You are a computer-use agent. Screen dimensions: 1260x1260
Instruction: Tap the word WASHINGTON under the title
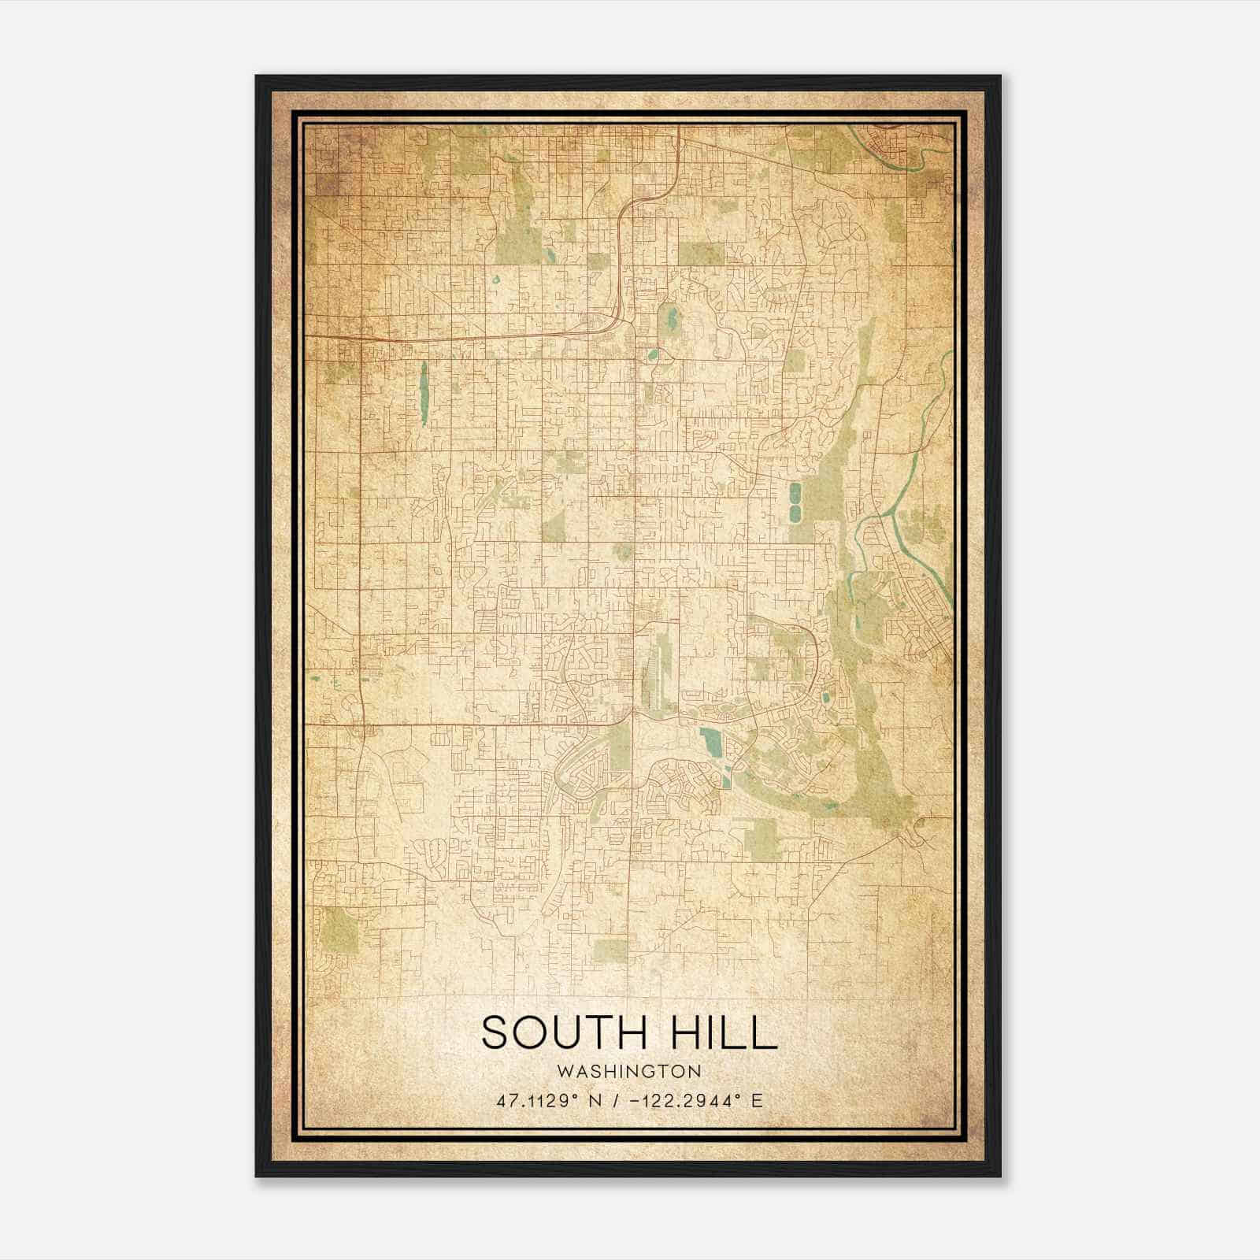click(628, 1071)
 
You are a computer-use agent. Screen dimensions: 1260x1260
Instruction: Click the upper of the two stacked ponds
click(794, 494)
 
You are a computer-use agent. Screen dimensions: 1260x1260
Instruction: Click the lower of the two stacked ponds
click(794, 513)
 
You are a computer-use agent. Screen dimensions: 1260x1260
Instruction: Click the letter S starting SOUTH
click(493, 1032)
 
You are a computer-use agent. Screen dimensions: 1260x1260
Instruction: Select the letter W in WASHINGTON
click(562, 1071)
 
